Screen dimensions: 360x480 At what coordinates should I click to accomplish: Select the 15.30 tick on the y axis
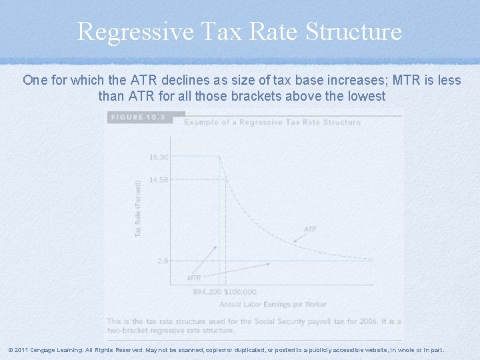(x=159, y=157)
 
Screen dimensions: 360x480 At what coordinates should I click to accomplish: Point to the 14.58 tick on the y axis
(x=159, y=179)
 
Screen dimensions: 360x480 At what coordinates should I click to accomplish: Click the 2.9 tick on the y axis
(x=163, y=261)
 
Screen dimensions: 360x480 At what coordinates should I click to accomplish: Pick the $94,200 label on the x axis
(x=207, y=292)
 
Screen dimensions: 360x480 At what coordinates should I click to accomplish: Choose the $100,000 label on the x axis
(x=240, y=292)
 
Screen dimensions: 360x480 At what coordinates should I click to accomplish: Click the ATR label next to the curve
(x=310, y=229)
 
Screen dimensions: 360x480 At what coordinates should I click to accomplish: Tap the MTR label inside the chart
(x=194, y=277)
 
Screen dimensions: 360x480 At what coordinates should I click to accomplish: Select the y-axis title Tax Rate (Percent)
(x=138, y=208)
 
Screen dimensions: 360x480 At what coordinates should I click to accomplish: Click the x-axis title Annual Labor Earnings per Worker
(x=273, y=304)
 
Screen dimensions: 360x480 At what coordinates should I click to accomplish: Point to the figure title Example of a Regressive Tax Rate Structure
(x=272, y=122)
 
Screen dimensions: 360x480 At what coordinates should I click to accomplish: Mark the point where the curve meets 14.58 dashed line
(x=227, y=179)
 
